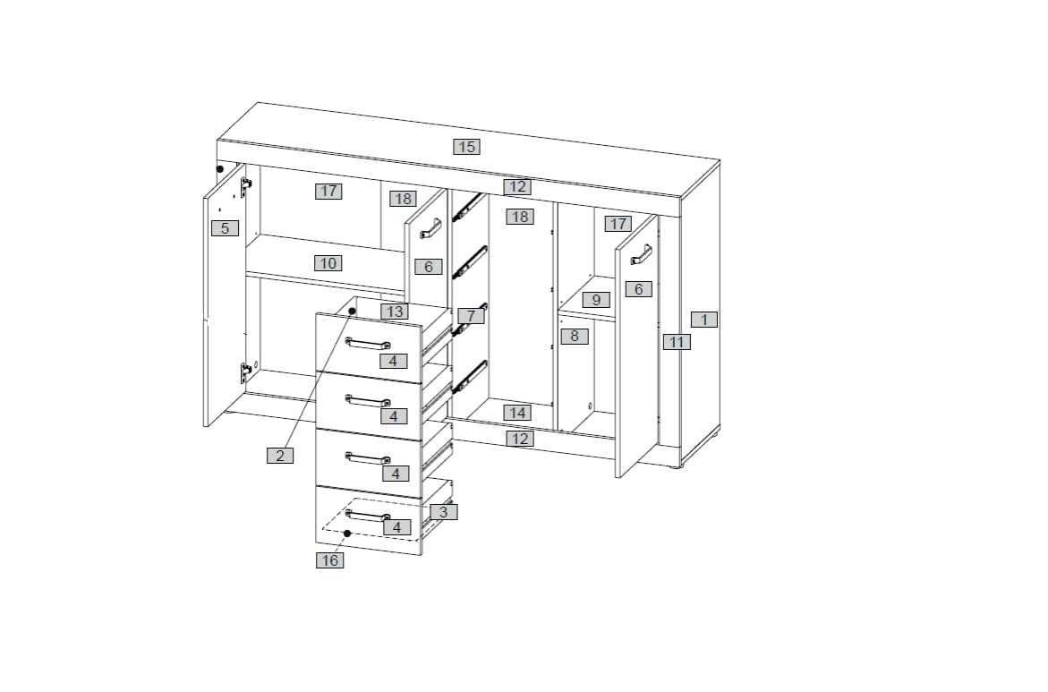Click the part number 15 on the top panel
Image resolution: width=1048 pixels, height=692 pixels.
click(466, 147)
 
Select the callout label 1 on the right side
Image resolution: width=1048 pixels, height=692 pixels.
click(703, 320)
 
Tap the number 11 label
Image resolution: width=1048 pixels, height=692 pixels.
click(677, 342)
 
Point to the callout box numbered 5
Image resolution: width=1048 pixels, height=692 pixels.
click(225, 228)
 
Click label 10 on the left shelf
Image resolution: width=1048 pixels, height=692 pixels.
click(328, 263)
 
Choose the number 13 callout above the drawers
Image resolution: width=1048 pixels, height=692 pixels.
click(395, 311)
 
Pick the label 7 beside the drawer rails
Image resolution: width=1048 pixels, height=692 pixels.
click(472, 316)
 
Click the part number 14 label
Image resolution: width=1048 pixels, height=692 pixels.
click(517, 413)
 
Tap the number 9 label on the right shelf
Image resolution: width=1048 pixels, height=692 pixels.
click(596, 300)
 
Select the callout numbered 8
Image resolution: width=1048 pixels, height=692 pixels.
click(575, 336)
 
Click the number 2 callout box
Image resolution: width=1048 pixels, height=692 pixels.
click(280, 456)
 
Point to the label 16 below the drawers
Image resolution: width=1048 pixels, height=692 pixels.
click(330, 560)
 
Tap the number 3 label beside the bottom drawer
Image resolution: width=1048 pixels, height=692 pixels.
click(444, 512)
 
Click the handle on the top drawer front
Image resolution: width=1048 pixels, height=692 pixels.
click(368, 345)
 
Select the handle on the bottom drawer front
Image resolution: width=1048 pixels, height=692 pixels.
click(368, 516)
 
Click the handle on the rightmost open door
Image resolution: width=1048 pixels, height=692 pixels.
click(641, 255)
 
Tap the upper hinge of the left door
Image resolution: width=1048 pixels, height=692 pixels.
click(245, 187)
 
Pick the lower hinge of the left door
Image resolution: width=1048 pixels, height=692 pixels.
click(245, 372)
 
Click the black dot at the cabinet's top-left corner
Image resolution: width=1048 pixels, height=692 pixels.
click(220, 169)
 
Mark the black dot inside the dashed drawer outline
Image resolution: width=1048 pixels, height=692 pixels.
click(347, 533)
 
